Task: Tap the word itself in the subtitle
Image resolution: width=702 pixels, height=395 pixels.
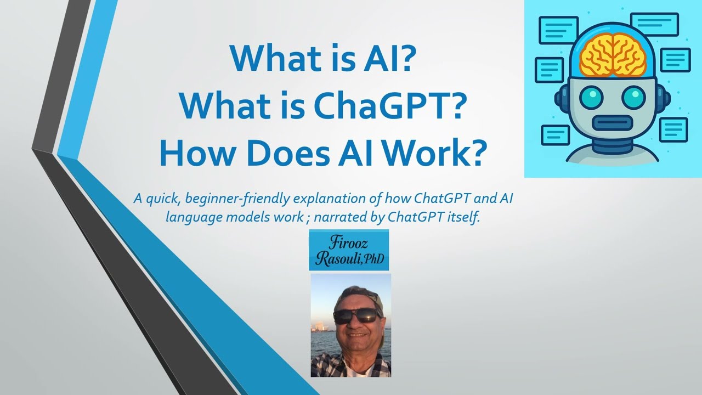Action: [x=463, y=216]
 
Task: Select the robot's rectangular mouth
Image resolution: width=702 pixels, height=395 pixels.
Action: [x=613, y=122]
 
